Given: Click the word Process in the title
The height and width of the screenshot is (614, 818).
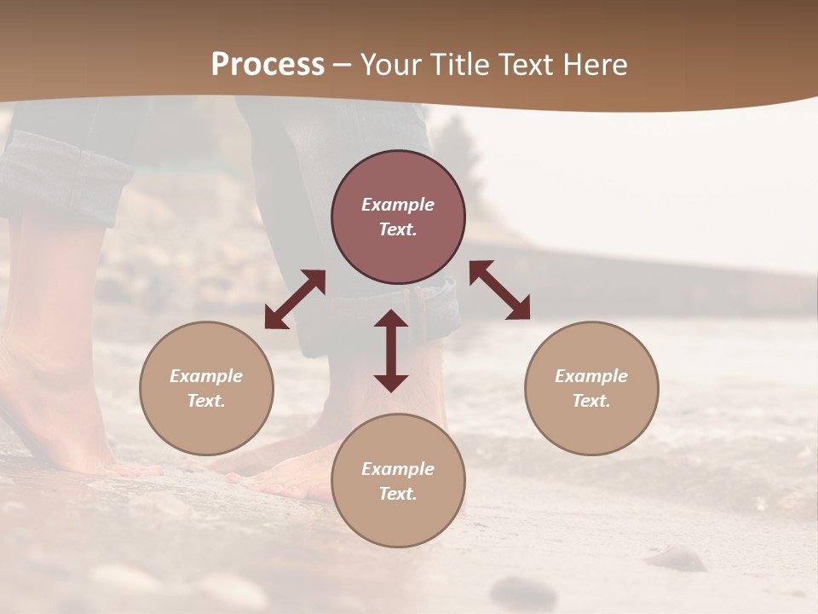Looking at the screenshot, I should [268, 65].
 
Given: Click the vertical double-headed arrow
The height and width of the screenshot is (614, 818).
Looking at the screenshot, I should [391, 350].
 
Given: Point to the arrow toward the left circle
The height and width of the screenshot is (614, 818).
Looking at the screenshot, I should [295, 299].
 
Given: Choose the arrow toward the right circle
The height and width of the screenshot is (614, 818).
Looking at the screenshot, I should [499, 290].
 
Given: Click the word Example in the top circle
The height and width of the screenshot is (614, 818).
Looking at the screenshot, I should [398, 205].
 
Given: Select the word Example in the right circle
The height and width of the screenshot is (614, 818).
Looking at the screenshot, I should [591, 376].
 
